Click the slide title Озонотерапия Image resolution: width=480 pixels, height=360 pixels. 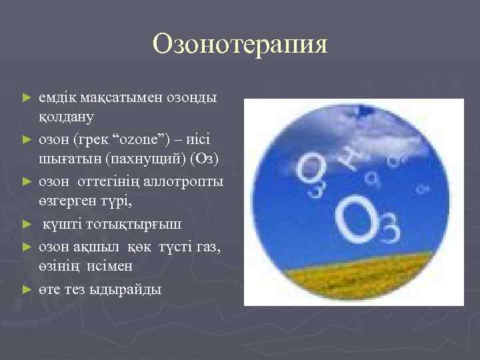(240, 45)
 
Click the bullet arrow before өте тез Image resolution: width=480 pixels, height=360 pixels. (27, 289)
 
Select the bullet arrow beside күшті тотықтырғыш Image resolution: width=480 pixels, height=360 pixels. (27, 223)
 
